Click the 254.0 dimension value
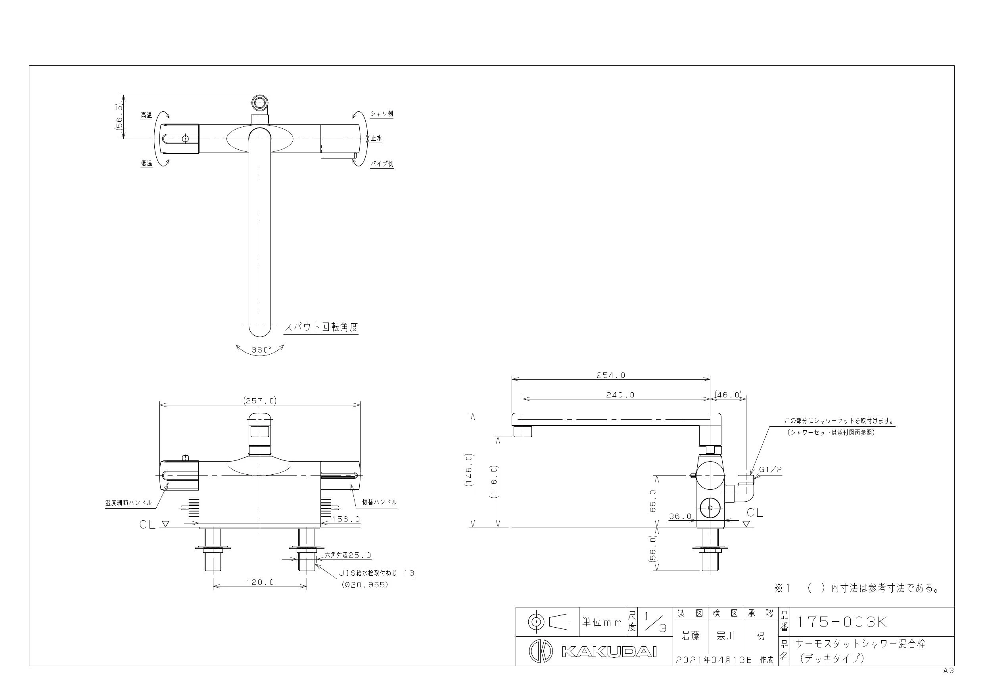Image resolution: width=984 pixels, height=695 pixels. [x=611, y=375]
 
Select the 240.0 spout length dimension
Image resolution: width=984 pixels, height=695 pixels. [x=620, y=395]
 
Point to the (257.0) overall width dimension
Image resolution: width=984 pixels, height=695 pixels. [x=260, y=401]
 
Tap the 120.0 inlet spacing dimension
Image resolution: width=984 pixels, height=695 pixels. [x=260, y=582]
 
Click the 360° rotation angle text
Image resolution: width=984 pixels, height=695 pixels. [x=262, y=350]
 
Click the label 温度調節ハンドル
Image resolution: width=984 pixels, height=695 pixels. [x=129, y=503]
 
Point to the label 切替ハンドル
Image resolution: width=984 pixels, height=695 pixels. [x=379, y=502]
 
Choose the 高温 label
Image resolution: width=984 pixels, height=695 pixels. [x=147, y=115]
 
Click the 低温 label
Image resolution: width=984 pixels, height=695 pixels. [x=147, y=163]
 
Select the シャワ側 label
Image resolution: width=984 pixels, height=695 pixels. [x=382, y=114]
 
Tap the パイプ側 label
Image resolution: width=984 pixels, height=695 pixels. [x=382, y=164]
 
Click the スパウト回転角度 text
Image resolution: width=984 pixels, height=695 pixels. [x=321, y=327]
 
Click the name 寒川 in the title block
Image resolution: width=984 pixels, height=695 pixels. [x=725, y=636]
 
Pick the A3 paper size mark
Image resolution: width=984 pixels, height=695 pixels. [x=948, y=671]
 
